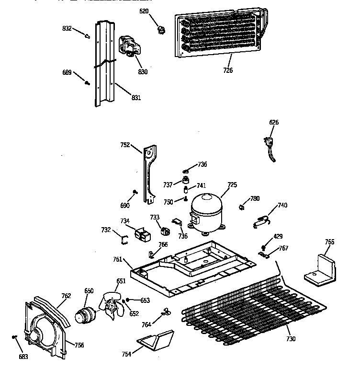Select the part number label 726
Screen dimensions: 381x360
tap(228, 70)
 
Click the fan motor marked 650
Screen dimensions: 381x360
tap(85, 314)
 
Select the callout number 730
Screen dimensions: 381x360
tap(291, 339)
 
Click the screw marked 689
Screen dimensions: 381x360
tap(87, 82)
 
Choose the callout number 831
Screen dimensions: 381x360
tap(136, 98)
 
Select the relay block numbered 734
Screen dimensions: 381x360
tap(143, 234)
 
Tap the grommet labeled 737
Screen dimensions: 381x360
tap(182, 181)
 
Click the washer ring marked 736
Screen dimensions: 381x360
tap(187, 170)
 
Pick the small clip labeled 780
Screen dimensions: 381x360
tap(242, 207)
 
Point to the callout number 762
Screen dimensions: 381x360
tap(66, 296)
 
